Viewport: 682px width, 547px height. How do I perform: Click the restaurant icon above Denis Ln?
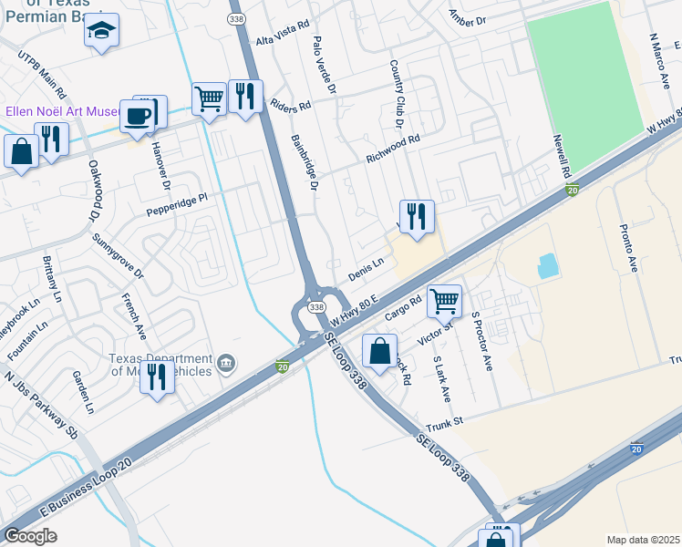pyautogui.click(x=416, y=216)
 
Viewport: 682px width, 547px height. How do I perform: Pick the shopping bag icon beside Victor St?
pyautogui.click(x=379, y=349)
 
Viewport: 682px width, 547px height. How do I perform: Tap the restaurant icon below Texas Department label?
pyautogui.click(x=157, y=375)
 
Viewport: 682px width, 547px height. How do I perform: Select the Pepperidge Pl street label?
pyautogui.click(x=178, y=203)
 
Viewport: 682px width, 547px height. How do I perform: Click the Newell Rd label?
pyautogui.click(x=561, y=156)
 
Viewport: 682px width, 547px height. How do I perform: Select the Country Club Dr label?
pyautogui.click(x=397, y=93)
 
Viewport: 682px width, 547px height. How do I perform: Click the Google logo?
pyautogui.click(x=30, y=536)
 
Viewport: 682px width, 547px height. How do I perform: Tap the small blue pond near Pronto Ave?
pyautogui.click(x=549, y=265)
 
